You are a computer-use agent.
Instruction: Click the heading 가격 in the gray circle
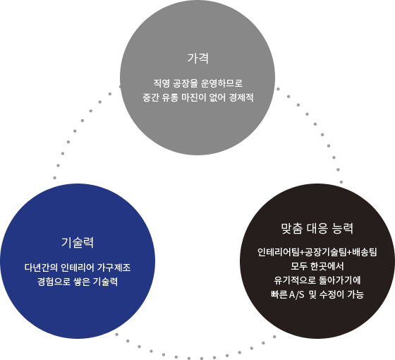pyautogui.click(x=197, y=58)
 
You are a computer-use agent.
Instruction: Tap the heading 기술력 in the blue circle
pyautogui.click(x=78, y=243)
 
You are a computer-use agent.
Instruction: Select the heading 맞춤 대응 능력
pyautogui.click(x=317, y=229)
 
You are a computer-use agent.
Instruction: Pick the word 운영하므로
pyautogui.click(x=221, y=83)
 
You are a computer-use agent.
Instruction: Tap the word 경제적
pyautogui.click(x=241, y=97)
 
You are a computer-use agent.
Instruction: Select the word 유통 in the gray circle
pyautogui.click(x=170, y=97)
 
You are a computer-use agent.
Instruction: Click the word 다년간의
pyautogui.click(x=41, y=268)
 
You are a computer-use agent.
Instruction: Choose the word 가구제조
pyautogui.click(x=114, y=268)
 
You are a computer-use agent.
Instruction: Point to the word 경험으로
pyautogui.click(x=54, y=282)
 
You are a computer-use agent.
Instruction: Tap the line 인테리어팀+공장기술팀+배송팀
pyautogui.click(x=317, y=252)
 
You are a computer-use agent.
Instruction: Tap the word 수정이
pyautogui.click(x=332, y=294)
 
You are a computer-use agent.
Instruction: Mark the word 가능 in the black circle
pyautogui.click(x=355, y=294)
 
